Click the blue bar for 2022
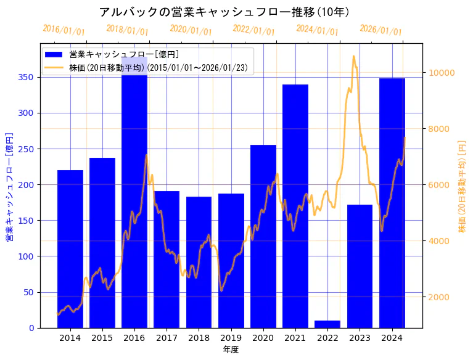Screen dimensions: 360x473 coord(327,324)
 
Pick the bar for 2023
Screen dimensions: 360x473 coord(360,266)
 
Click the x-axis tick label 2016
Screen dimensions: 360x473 coord(134,337)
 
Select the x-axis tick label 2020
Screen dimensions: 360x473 coord(263,337)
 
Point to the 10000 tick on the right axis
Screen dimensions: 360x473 coord(442,73)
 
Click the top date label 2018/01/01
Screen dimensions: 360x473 coord(127,30)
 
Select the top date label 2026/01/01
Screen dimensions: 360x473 coord(380,30)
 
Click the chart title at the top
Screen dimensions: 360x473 coord(224,12)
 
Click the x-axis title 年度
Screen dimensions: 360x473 coord(231,350)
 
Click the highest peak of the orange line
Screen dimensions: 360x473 coord(353,56)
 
